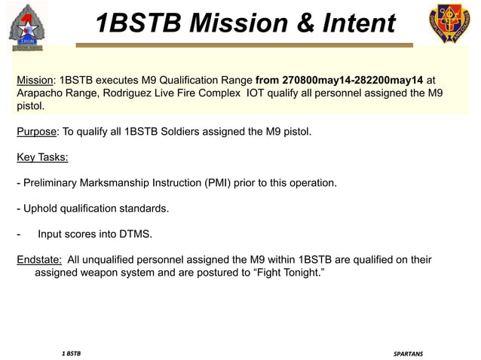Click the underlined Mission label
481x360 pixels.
35,80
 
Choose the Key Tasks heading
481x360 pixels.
42,157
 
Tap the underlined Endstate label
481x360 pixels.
39,260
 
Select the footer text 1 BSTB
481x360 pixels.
72,352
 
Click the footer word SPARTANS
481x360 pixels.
408,352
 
